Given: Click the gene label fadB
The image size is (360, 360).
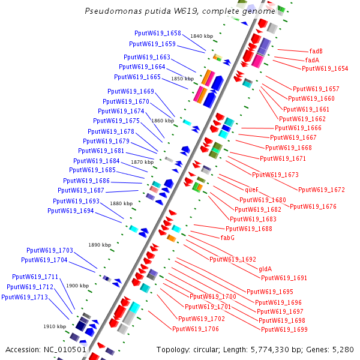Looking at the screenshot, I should (x=316, y=51).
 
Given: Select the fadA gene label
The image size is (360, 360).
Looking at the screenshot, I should (x=312, y=60).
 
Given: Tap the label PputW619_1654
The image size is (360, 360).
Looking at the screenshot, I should (x=325, y=68).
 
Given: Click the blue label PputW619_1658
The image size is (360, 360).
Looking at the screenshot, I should (x=158, y=34).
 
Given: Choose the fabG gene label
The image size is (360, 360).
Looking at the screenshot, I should (x=227, y=238).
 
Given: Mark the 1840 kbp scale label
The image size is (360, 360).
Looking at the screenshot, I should (x=201, y=36).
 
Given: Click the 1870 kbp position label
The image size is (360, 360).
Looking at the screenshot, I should (x=142, y=162).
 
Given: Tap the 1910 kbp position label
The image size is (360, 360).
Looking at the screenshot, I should (x=54, y=326).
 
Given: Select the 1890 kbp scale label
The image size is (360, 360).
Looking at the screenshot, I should (x=100, y=245).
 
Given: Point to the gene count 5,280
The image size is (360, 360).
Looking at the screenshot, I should (x=343, y=349).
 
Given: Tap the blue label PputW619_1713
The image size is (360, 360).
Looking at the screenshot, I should (x=24, y=297).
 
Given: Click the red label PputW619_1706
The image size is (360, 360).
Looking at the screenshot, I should (x=195, y=329).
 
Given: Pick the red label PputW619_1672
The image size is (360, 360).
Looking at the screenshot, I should (x=322, y=190).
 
